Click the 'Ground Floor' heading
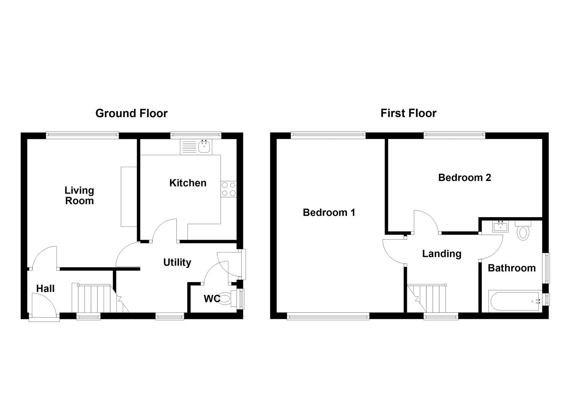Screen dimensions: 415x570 tap(131, 113)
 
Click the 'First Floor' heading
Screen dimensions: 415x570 tap(408, 113)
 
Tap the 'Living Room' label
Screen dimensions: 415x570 tap(79, 196)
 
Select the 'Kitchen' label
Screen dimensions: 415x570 tap(188, 183)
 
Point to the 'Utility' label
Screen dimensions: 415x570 tap(177, 262)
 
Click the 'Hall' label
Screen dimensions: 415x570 tap(45, 289)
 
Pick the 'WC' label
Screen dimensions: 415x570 tap(211, 299)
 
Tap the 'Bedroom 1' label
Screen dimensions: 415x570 tap(329, 212)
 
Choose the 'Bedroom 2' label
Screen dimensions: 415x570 tap(464, 178)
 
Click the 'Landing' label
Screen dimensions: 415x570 tap(441, 254)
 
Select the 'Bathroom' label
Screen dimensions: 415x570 tap(511, 268)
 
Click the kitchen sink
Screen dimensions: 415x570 tap(204, 146)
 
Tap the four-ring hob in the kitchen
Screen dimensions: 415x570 tap(229, 189)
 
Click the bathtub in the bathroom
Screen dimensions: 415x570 tap(514, 301)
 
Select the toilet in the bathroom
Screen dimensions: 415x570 tap(522, 231)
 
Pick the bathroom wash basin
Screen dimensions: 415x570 tap(500, 226)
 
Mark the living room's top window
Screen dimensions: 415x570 tap(82, 134)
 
